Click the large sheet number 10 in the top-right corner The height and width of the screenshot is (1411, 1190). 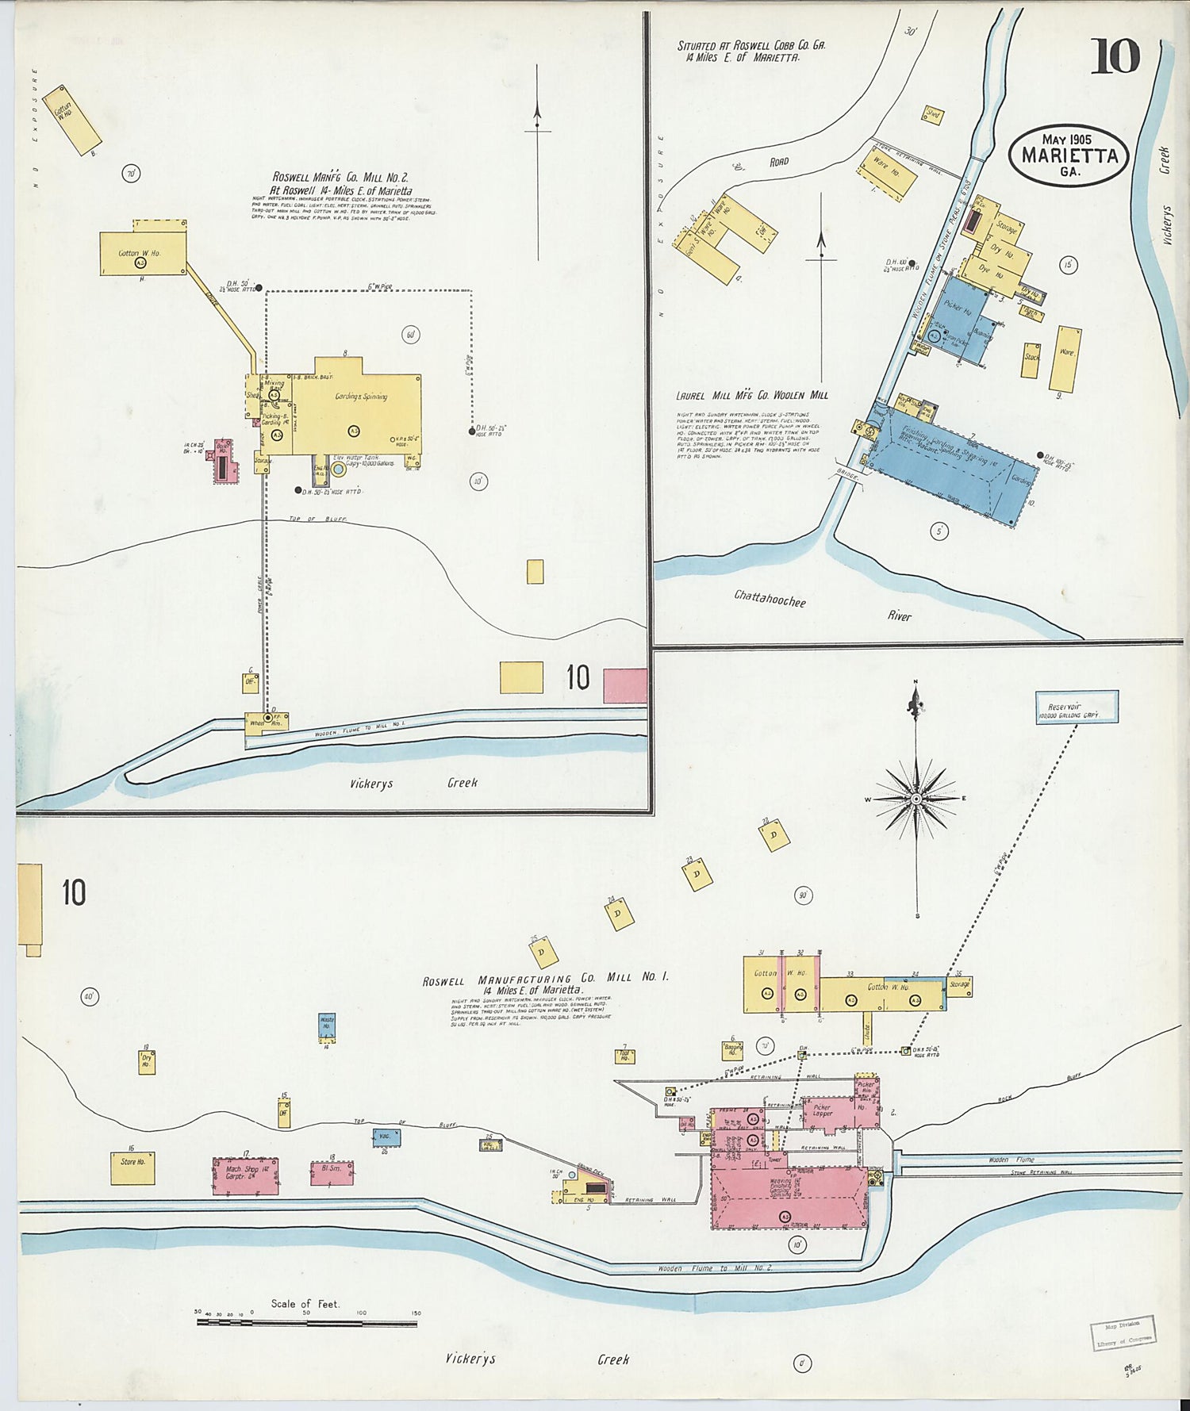click(1115, 56)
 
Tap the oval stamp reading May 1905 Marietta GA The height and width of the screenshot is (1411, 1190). click(1069, 155)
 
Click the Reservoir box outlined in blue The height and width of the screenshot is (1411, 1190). click(1077, 707)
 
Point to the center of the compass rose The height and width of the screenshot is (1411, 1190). click(916, 799)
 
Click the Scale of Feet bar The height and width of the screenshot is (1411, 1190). click(306, 1323)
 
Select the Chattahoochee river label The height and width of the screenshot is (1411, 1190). click(770, 598)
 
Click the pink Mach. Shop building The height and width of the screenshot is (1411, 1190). click(245, 1175)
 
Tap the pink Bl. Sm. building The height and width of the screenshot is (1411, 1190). click(332, 1173)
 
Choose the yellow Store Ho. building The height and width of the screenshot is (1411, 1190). click(132, 1168)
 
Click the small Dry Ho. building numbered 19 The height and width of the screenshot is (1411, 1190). click(146, 1062)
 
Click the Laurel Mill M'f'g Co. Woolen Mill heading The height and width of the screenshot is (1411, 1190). click(751, 395)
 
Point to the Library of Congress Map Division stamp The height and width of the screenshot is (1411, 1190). click(1122, 1332)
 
